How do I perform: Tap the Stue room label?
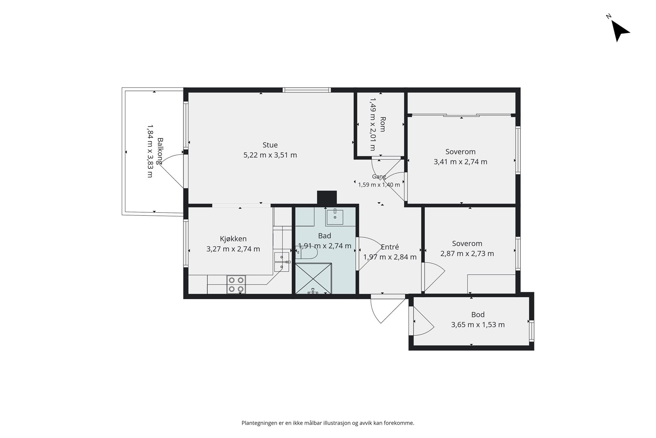click(270, 145)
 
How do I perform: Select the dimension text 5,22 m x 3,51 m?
click(270, 155)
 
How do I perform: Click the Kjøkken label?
click(233, 239)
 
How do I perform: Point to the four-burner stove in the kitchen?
click(236, 284)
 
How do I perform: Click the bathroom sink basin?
click(335, 217)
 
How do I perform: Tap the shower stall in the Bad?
click(313, 278)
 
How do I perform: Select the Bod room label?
click(478, 315)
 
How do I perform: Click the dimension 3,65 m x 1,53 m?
click(478, 325)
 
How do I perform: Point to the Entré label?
click(390, 247)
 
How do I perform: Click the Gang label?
click(379, 177)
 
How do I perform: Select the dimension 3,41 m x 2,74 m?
click(460, 162)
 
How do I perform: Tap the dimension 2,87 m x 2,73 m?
click(467, 254)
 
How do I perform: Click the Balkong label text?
click(160, 151)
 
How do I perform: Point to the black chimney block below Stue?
click(327, 198)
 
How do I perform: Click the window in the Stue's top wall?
click(307, 90)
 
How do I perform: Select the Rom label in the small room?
click(382, 124)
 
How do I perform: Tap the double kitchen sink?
click(282, 262)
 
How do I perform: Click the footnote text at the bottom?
click(328, 423)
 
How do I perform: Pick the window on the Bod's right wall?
click(531, 331)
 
